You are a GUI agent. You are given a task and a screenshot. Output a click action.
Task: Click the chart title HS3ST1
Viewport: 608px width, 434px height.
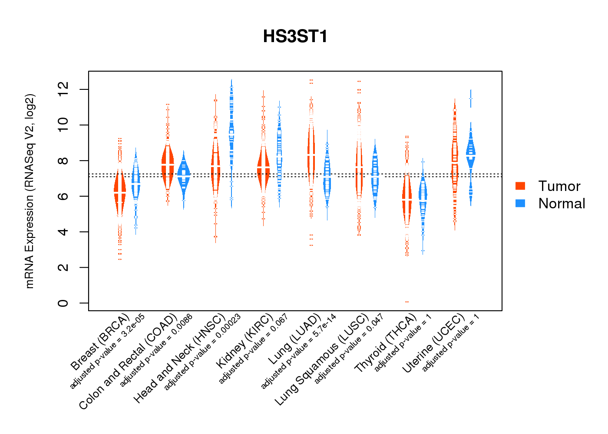[x=295, y=36]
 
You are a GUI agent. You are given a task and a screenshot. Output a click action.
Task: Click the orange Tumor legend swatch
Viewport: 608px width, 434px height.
[x=520, y=186]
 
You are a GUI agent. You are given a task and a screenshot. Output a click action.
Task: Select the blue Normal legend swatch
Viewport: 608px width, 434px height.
[x=520, y=203]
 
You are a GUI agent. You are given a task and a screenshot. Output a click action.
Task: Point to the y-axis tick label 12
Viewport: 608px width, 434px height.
[x=63, y=89]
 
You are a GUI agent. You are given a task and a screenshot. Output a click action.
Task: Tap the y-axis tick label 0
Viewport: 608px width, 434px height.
[x=63, y=302]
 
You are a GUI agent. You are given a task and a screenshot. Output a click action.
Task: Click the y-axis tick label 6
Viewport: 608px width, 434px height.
[x=63, y=196]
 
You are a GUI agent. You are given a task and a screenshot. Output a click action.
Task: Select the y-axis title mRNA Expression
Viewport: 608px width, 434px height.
[x=30, y=191]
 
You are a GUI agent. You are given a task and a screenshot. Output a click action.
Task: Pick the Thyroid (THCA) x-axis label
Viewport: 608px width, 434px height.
[x=386, y=344]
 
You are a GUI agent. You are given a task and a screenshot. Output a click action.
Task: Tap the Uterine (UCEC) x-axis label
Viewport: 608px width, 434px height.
[x=433, y=344]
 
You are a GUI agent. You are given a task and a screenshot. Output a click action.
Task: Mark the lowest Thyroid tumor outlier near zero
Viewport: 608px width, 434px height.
[x=407, y=302]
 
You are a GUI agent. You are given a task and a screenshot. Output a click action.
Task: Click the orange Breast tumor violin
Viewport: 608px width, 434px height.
[x=120, y=191]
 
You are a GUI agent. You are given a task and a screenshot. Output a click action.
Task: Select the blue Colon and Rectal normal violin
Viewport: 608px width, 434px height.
[x=184, y=176]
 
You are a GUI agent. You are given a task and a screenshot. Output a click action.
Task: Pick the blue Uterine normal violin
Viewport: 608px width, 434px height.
[x=471, y=152]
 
